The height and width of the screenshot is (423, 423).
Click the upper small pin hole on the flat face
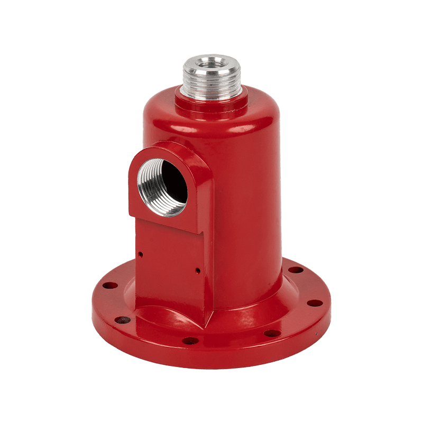[141, 254]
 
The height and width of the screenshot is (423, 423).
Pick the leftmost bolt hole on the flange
[109, 286]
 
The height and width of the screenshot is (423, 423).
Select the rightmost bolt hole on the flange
[315, 304]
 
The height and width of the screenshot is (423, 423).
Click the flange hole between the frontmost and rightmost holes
[272, 333]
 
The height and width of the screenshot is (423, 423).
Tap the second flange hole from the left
[122, 320]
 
